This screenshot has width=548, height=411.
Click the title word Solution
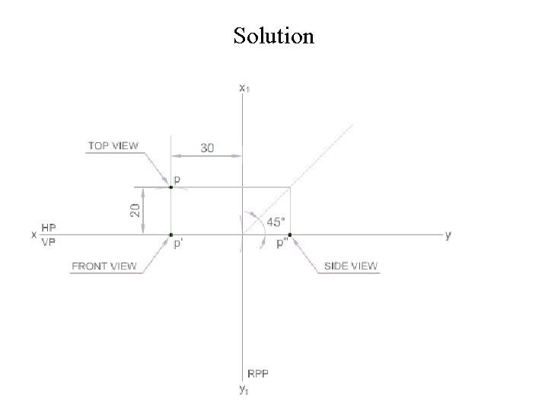(273, 36)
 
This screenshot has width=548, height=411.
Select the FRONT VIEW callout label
(104, 266)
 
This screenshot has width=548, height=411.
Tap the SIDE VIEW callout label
(351, 266)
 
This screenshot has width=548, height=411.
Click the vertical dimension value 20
(135, 211)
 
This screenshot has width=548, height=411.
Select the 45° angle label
(275, 222)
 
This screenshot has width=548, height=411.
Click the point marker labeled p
(170, 186)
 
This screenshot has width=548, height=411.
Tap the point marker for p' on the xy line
(170, 235)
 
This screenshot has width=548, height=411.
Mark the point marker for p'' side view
(290, 235)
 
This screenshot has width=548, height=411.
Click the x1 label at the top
(244, 88)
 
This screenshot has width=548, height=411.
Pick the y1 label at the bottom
(243, 390)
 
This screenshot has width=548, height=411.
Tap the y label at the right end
(448, 235)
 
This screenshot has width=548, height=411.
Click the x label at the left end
(33, 235)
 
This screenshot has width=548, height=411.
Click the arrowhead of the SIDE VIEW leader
(295, 239)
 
